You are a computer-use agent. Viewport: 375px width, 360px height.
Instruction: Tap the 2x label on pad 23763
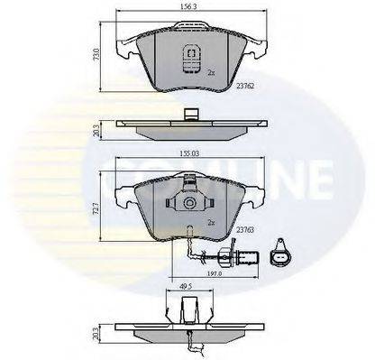[x=210, y=220]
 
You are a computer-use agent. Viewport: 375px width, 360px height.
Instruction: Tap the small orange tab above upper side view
[x=190, y=115]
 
